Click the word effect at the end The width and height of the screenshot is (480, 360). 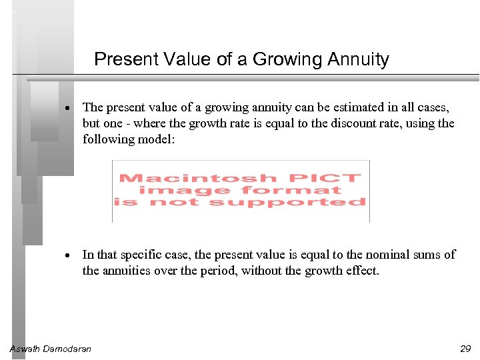362,271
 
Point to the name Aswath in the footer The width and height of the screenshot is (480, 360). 25,348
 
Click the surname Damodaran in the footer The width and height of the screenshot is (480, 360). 67,348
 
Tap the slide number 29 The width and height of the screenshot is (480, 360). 465,348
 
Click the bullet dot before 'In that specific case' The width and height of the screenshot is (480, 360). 69,255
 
